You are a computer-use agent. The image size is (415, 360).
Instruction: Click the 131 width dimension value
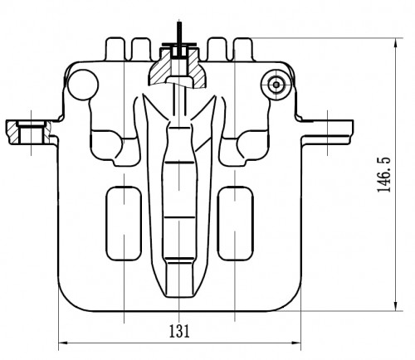click(179, 331)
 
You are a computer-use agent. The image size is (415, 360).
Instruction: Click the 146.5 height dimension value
click(384, 174)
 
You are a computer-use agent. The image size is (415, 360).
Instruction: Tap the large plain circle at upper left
click(83, 85)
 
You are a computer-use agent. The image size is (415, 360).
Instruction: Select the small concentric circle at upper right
click(276, 85)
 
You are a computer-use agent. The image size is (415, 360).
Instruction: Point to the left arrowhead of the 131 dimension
click(63, 343)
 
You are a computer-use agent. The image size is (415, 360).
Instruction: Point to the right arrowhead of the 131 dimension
click(296, 343)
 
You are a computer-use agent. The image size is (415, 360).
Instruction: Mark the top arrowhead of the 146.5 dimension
click(396, 43)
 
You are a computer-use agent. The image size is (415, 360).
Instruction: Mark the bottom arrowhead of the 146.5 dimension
click(396, 306)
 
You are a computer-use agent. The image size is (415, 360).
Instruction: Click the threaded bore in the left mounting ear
click(32, 133)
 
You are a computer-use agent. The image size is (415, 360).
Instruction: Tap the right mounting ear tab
click(328, 132)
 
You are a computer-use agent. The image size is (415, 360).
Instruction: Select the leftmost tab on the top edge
click(115, 49)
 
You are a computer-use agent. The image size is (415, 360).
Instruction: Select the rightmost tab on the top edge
click(243, 49)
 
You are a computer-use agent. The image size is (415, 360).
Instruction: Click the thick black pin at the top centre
click(179, 40)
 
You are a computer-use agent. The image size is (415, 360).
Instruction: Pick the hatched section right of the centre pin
click(197, 69)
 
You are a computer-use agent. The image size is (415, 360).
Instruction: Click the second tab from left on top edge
click(141, 49)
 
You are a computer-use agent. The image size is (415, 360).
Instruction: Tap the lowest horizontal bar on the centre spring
click(179, 259)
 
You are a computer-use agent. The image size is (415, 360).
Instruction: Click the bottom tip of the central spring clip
click(179, 297)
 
